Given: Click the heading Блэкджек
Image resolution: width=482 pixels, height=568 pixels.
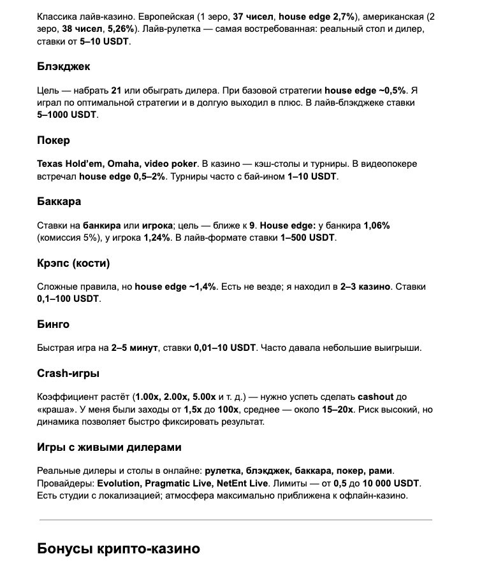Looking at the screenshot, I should [64, 66].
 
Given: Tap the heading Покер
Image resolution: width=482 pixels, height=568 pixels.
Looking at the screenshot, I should [54, 140].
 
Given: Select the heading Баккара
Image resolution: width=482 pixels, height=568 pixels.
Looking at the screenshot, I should [59, 201].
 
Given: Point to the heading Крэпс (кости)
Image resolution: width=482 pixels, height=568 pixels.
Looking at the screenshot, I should [73, 263].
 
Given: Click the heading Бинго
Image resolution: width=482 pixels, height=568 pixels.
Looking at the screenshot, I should [53, 324].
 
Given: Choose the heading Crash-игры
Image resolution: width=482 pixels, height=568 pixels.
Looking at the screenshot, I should [68, 373].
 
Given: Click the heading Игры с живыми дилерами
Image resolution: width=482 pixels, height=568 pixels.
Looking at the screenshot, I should [109, 447].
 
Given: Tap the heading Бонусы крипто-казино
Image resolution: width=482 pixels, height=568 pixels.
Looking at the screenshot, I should [119, 548].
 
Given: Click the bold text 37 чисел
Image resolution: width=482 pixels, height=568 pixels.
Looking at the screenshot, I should [254, 16].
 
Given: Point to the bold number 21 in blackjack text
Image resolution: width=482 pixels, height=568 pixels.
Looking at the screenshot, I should [116, 90].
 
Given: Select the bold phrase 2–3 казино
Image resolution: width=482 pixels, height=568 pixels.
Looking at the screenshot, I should [365, 287].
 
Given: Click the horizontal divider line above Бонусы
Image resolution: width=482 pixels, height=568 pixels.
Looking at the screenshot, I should [236, 520].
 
